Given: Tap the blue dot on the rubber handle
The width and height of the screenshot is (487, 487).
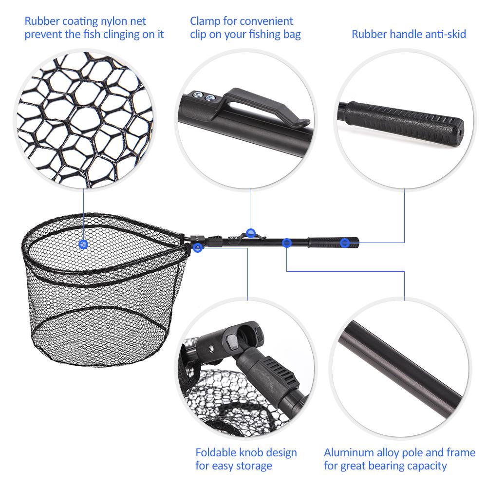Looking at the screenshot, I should pyautogui.click(x=345, y=243).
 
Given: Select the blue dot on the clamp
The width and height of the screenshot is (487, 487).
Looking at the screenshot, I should pyautogui.click(x=250, y=233).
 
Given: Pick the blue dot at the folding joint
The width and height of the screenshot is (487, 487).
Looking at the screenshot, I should pyautogui.click(x=197, y=248).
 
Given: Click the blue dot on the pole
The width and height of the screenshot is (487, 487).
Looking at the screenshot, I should pyautogui.click(x=287, y=242).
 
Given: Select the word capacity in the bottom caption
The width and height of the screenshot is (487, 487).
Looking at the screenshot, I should pyautogui.click(x=426, y=466).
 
